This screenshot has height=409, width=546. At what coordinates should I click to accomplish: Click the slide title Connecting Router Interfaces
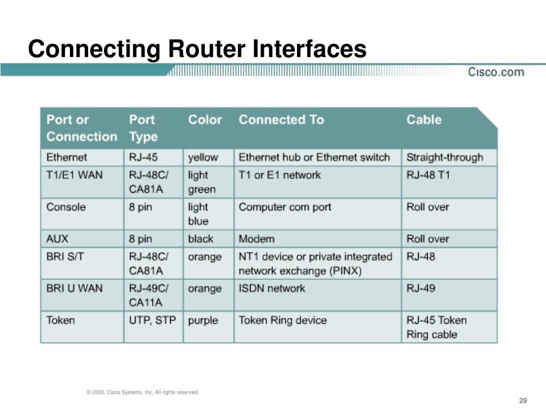tap(197, 50)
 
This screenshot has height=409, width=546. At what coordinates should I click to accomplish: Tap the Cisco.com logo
tap(496, 71)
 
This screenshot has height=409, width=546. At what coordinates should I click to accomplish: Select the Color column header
tap(205, 120)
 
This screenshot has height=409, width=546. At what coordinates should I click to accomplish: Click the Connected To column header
tap(281, 120)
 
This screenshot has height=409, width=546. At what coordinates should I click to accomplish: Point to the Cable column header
tap(424, 120)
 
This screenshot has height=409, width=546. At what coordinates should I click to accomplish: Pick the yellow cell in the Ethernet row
tap(203, 158)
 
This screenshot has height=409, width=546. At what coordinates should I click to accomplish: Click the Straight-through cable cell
tap(444, 158)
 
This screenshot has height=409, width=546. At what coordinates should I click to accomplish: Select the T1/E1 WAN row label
tap(74, 175)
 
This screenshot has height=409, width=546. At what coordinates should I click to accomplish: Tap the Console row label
tap(66, 207)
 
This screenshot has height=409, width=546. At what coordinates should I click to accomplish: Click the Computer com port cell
tap(285, 207)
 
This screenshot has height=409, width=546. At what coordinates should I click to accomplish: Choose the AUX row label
tap(57, 239)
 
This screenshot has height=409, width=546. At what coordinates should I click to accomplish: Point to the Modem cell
tap(256, 239)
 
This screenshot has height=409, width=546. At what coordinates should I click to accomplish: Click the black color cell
tap(200, 239)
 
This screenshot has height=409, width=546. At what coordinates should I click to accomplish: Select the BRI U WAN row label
tap(74, 289)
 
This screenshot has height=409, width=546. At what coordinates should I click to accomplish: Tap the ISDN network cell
tap(272, 289)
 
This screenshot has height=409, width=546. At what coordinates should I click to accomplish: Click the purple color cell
tap(203, 321)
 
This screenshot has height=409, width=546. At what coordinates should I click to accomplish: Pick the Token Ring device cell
tap(283, 321)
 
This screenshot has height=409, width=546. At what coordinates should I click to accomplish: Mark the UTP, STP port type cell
tap(152, 321)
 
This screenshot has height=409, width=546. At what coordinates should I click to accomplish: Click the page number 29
tap(523, 400)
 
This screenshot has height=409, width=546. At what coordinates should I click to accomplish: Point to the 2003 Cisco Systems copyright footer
tap(142, 392)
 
